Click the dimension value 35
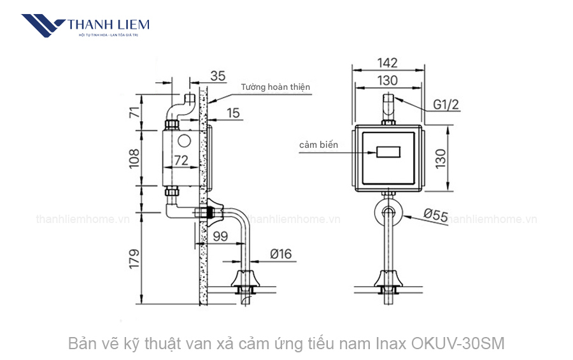218,76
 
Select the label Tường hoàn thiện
276,87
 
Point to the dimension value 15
233,113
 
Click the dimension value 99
220,236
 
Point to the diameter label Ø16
280,254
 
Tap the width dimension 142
386,62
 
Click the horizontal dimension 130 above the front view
386,80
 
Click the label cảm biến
318,145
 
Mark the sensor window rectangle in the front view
387,153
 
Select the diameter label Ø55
435,215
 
